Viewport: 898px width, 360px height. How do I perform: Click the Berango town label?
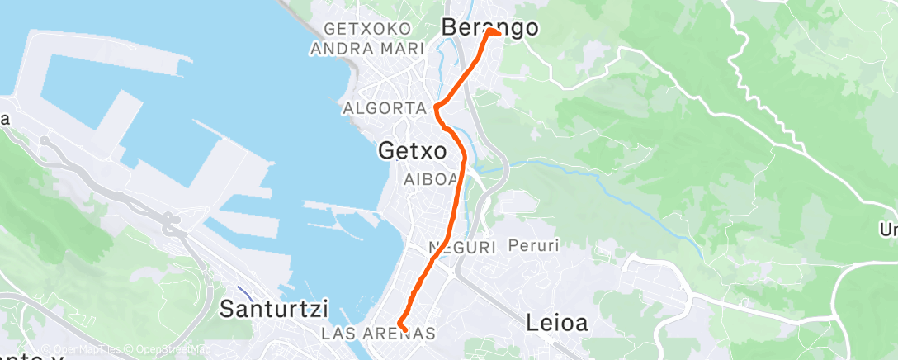pyautogui.click(x=490, y=28)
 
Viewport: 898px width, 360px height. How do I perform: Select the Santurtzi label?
pyautogui.click(x=274, y=310)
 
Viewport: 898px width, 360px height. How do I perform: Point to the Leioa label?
pyautogui.click(x=557, y=324)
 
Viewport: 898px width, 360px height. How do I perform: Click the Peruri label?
pyautogui.click(x=534, y=245)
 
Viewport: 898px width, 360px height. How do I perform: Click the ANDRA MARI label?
pyautogui.click(x=366, y=49)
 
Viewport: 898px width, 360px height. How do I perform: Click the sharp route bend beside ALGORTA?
pyautogui.click(x=435, y=105)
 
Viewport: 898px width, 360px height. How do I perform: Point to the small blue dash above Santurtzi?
pyautogui.click(x=245, y=293)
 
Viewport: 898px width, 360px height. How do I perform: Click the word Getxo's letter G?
pyautogui.click(x=388, y=151)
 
